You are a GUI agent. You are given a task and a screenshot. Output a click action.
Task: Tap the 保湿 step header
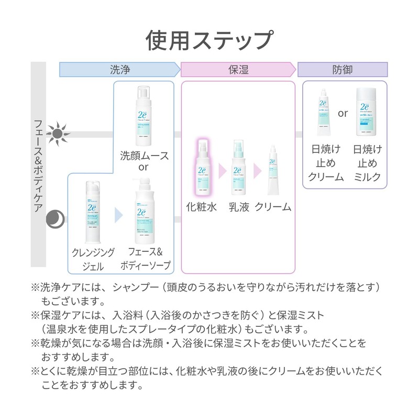click(238, 70)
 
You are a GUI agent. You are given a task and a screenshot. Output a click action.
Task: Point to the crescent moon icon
click(54, 218)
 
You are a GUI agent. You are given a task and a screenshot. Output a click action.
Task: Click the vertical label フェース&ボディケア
click(38, 165)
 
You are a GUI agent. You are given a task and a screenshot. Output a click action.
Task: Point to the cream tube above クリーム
click(272, 170)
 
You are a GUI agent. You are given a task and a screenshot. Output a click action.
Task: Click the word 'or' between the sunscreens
click(343, 113)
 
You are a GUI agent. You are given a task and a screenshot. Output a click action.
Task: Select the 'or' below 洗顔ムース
click(144, 167)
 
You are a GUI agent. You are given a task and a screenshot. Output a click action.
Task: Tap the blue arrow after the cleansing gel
click(118, 215)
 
